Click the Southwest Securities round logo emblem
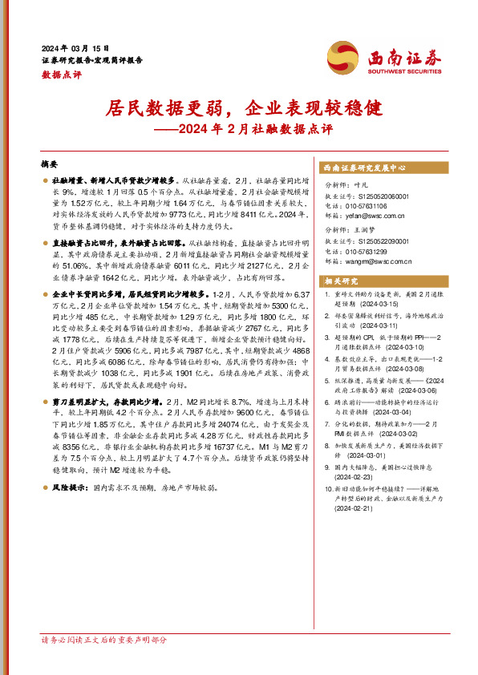click(x=342, y=59)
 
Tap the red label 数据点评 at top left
click(x=61, y=75)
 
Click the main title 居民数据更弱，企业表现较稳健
click(x=238, y=107)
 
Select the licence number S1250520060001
click(x=377, y=196)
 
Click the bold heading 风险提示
click(x=67, y=487)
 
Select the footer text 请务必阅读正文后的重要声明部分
click(x=104, y=662)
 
